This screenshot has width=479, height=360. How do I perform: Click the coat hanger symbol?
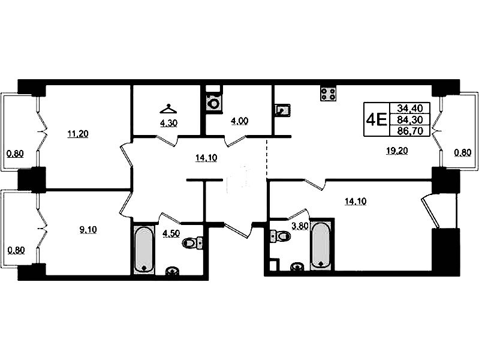coord(168,109)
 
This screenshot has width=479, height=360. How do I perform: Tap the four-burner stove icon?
coord(328,93)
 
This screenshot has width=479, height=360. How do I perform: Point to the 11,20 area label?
coord(78,134)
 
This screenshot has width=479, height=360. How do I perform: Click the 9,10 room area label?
coord(88,230)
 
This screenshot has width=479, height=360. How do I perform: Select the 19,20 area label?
coord(397,151)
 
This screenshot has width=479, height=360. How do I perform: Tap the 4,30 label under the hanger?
coord(169,123)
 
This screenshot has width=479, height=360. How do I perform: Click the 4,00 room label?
coord(239,121)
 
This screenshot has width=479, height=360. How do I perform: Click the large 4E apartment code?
coord(376,119)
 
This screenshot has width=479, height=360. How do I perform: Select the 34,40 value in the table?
coord(409,108)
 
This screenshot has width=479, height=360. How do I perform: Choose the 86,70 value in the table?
coord(409,131)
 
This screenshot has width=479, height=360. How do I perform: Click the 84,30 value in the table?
coord(409,119)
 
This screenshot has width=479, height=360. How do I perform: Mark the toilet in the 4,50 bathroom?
coord(192,243)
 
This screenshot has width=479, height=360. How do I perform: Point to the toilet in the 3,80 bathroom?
coord(281,236)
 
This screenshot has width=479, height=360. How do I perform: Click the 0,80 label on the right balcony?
coord(462,152)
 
